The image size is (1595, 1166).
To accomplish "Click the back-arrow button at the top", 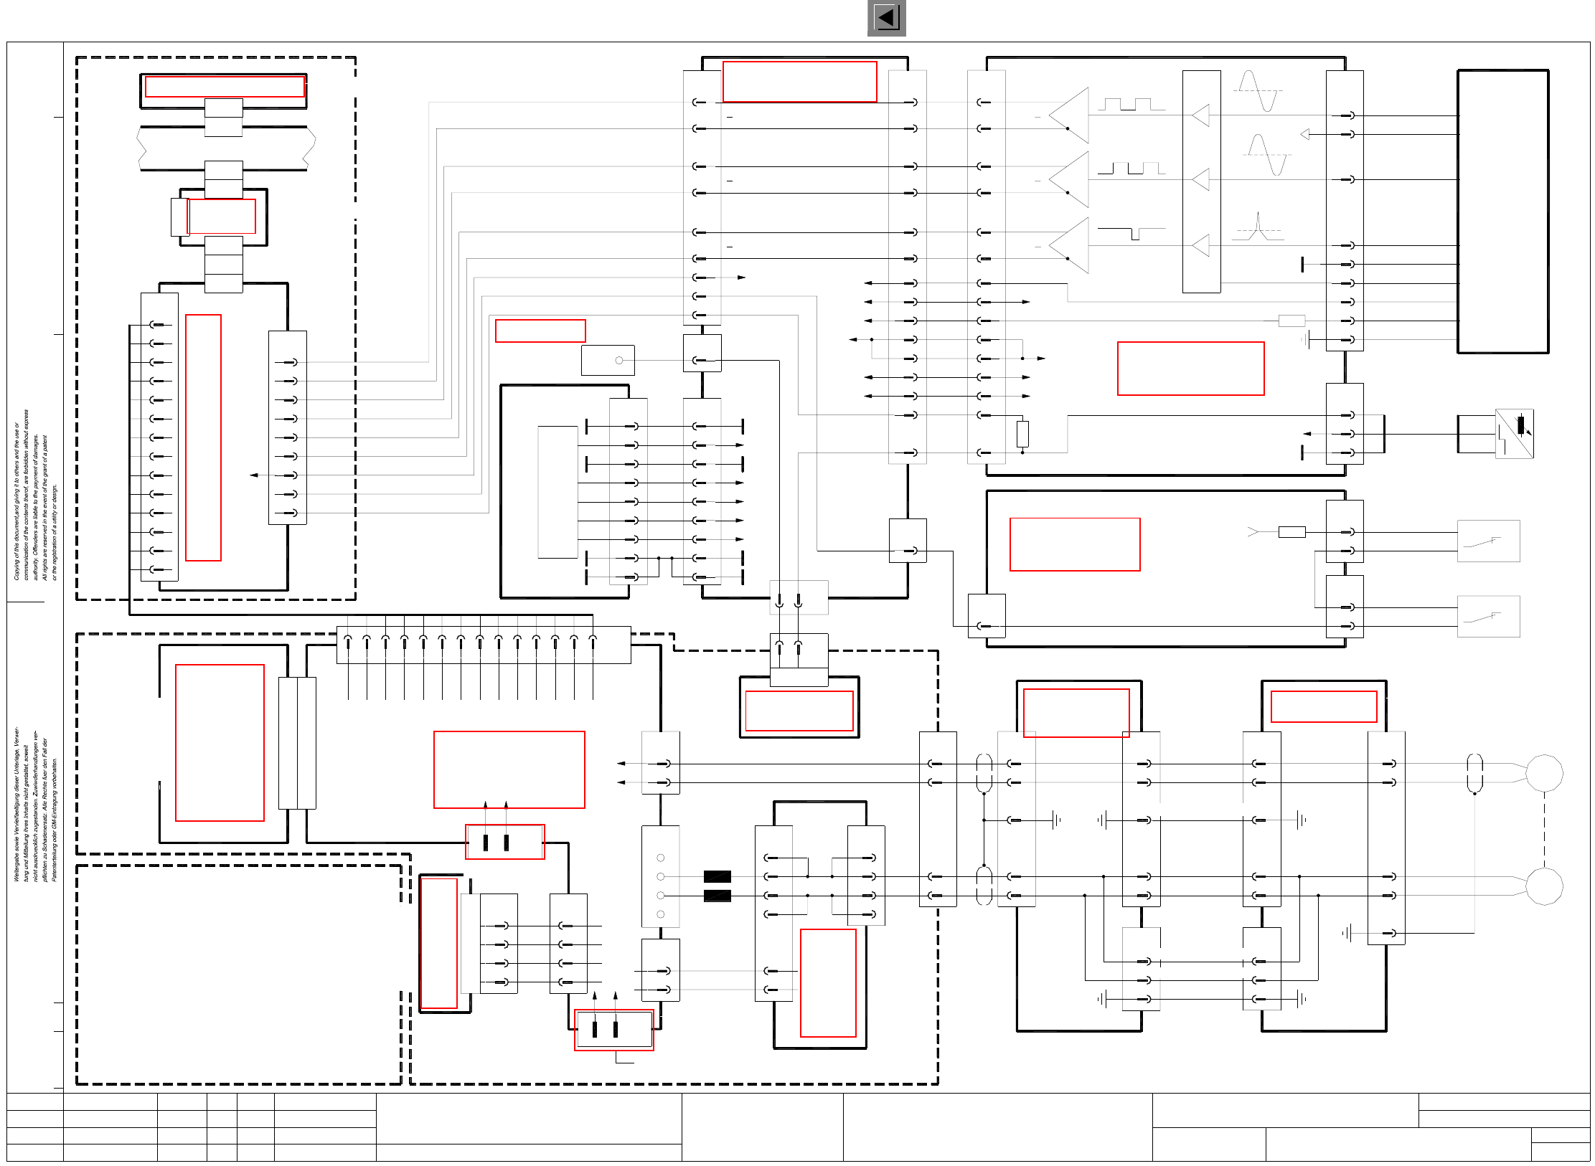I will point(886,18).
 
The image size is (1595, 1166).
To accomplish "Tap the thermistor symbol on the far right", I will point(1514,433).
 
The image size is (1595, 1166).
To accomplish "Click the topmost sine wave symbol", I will point(1257,91).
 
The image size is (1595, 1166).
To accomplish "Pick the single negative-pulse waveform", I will point(1131,232).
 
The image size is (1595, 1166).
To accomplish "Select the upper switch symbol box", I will point(1488,541).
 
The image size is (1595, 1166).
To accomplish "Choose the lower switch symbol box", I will point(1488,616).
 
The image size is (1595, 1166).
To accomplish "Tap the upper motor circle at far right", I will point(1544,773).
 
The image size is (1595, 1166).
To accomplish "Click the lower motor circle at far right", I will point(1544,886).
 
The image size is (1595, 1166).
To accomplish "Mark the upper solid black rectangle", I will point(717,876).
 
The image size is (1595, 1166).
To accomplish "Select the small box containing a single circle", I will point(608,360).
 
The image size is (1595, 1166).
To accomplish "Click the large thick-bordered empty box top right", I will point(1502,212).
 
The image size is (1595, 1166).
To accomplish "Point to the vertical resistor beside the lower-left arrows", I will point(1022,434).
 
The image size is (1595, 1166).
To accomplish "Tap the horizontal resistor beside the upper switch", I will point(1291,532).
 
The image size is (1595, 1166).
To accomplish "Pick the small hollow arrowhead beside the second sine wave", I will point(1304,134).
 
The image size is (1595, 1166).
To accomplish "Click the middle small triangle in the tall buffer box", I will point(1201,179).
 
